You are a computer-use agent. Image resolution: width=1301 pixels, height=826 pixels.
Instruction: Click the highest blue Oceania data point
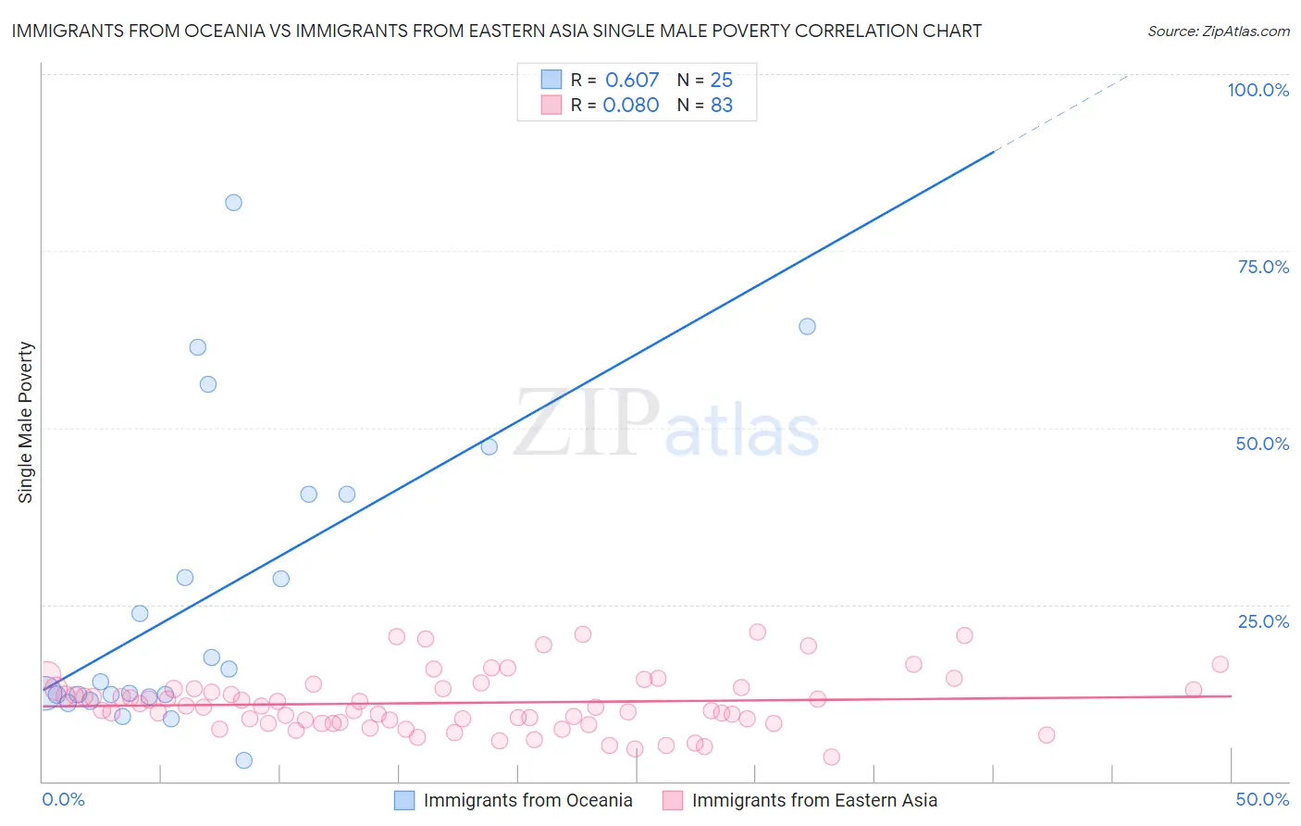233,203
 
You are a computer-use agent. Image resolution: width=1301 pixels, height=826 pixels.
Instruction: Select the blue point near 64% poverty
807,326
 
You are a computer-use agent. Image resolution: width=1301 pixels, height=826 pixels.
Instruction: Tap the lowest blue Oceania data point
243,760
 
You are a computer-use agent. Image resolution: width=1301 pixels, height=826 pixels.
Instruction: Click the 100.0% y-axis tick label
1258,90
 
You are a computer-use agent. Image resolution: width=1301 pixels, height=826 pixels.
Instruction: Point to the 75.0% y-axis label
1263,267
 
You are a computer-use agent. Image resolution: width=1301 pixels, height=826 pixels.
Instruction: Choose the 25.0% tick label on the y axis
1263,621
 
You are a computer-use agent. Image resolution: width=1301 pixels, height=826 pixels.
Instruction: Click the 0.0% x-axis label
63,799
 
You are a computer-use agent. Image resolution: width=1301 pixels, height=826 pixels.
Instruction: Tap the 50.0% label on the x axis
1262,799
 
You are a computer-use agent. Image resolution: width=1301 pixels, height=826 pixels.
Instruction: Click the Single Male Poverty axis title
26,422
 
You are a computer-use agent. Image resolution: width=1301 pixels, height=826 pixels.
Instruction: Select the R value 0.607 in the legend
632,81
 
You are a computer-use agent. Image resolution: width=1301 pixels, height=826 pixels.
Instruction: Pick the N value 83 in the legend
722,106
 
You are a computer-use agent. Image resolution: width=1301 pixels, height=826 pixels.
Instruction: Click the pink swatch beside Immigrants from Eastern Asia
673,800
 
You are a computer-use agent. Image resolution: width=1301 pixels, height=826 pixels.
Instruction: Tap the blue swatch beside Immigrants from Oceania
404,800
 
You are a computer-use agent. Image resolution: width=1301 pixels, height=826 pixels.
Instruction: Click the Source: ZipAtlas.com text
1218,31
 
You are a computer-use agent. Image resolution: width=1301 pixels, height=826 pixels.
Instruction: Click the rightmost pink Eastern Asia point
1220,664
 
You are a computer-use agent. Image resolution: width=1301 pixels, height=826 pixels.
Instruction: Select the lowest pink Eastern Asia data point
831,757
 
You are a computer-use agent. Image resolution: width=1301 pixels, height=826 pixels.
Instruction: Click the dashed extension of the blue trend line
1064,110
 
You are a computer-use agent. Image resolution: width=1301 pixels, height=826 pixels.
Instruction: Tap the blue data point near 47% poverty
489,446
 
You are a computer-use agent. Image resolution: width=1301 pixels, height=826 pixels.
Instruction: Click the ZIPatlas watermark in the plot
666,425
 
